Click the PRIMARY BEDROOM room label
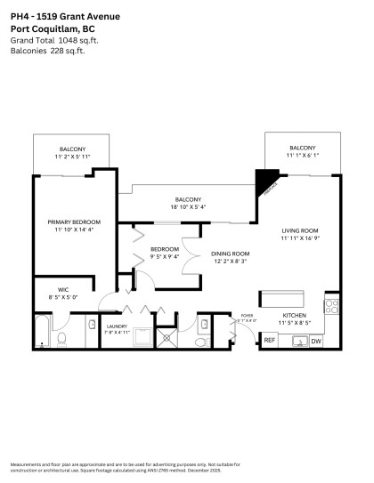point(74,221)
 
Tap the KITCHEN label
point(295,316)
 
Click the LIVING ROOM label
point(299,229)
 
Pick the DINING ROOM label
point(231,254)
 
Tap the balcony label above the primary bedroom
point(73,148)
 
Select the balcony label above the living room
point(302,148)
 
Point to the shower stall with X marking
point(141,336)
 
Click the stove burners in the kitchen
point(331,307)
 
